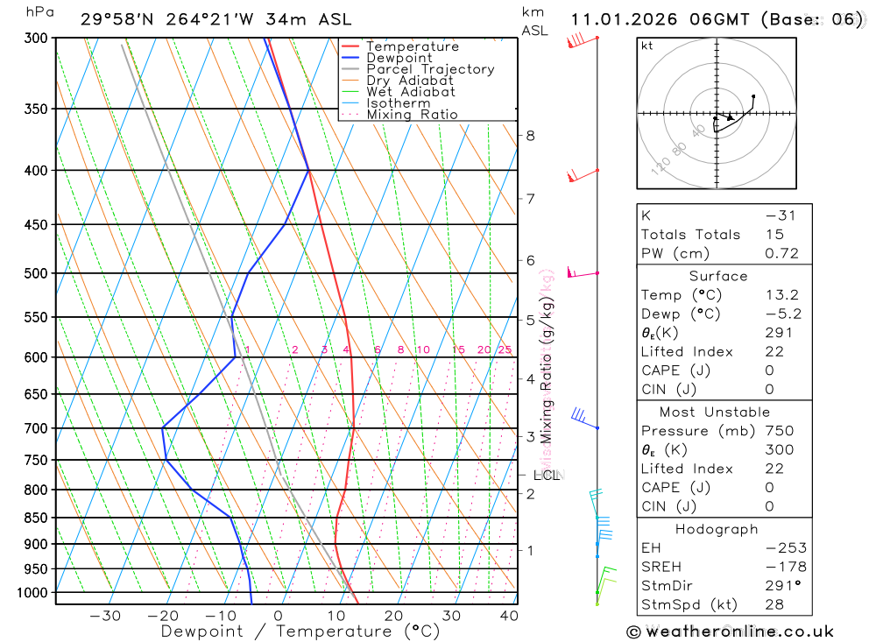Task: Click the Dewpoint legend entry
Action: pyautogui.click(x=399, y=58)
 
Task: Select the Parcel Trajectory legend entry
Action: pyautogui.click(x=430, y=69)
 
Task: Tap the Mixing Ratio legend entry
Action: pyautogui.click(x=412, y=114)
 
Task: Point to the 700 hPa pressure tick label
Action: pyautogui.click(x=37, y=428)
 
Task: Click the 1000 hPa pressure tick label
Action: pyautogui.click(x=33, y=593)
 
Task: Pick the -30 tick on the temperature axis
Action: pyautogui.click(x=105, y=616)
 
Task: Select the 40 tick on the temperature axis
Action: pyautogui.click(x=509, y=616)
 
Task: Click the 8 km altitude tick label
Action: pyautogui.click(x=530, y=135)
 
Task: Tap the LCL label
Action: pyautogui.click(x=546, y=476)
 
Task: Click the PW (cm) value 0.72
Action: pyautogui.click(x=781, y=253)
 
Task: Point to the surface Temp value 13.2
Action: pyautogui.click(x=781, y=295)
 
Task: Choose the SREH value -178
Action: pyautogui.click(x=781, y=567)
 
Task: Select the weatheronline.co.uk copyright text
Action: pyautogui.click(x=730, y=631)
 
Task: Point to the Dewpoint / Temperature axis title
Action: pyautogui.click(x=300, y=631)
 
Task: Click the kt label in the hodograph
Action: pyautogui.click(x=647, y=46)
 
